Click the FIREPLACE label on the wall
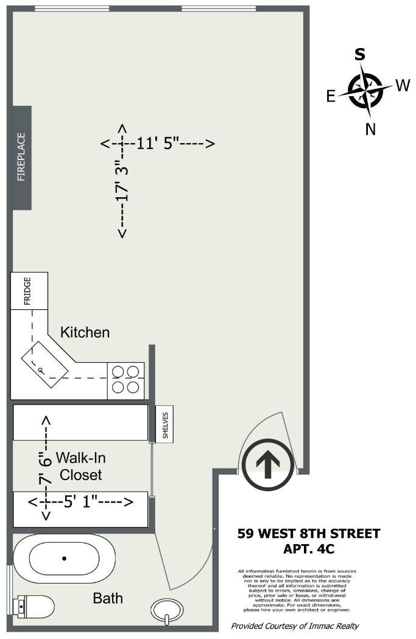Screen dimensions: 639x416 tap(22, 157)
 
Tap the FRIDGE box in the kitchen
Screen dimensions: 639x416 tap(29, 291)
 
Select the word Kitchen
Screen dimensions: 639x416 tap(85, 332)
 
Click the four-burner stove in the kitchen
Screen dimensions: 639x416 tap(126, 380)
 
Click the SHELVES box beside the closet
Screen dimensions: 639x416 tap(164, 424)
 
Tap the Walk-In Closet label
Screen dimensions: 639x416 tap(79, 466)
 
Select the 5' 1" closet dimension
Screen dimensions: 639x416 tap(80, 502)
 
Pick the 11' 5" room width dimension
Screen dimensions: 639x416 tap(158, 144)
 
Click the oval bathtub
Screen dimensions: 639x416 tap(64, 558)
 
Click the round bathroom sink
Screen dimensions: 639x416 tap(167, 609)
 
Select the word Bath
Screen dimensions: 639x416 tap(108, 598)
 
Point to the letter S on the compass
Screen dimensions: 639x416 tap(361, 55)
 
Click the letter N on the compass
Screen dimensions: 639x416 tap(370, 128)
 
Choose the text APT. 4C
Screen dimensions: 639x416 tap(309, 548)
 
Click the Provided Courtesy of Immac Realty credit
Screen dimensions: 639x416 tap(295, 626)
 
